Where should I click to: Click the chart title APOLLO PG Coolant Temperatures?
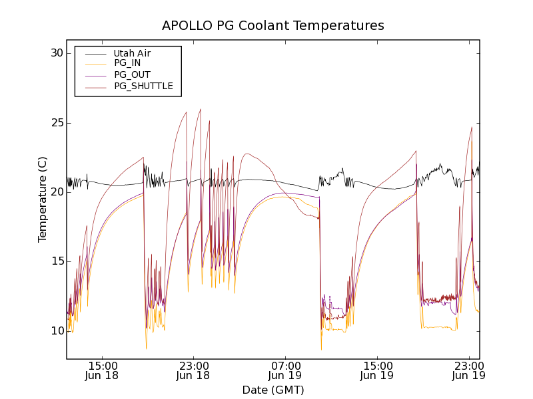click(x=273, y=25)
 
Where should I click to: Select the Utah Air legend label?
click(x=132, y=53)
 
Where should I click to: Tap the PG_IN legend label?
click(x=127, y=63)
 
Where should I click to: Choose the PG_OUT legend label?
click(x=132, y=74)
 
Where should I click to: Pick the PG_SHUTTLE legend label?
click(x=143, y=86)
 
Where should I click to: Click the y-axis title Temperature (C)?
click(x=43, y=199)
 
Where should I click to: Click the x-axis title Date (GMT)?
click(x=273, y=390)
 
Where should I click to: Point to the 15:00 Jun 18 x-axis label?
click(x=103, y=370)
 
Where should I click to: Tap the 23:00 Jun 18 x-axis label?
click(x=194, y=370)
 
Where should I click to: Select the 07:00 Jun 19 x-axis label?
click(x=286, y=370)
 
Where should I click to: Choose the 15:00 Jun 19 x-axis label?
click(x=377, y=370)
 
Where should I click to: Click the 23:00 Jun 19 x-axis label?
click(x=468, y=370)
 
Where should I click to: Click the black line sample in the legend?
click(x=94, y=53)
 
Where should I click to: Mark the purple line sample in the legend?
click(x=94, y=75)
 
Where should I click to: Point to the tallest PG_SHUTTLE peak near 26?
click(x=200, y=109)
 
